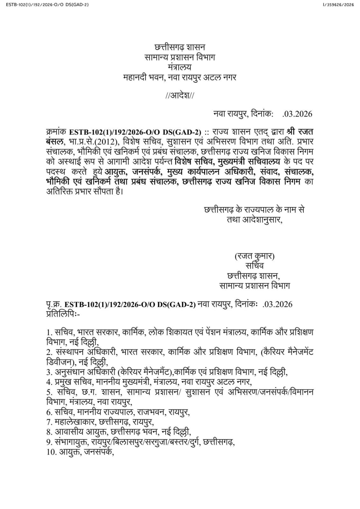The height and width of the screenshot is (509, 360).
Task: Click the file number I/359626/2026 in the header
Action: [x=338, y=4]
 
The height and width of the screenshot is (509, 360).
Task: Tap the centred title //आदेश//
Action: [x=180, y=95]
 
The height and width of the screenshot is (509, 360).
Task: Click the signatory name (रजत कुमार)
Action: [x=254, y=256]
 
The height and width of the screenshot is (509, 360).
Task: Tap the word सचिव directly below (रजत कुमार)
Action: [x=254, y=265]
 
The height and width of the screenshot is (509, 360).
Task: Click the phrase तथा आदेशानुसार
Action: [x=254, y=220]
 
